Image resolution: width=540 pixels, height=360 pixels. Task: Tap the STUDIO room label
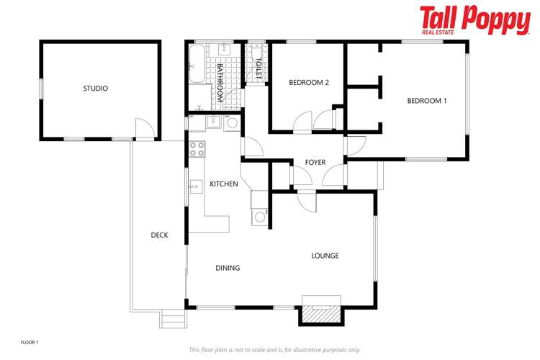pos(95,89)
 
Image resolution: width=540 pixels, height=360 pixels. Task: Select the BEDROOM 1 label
pos(427,101)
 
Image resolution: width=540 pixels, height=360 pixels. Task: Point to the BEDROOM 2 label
pos(309,82)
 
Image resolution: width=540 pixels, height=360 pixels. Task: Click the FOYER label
pos(315,162)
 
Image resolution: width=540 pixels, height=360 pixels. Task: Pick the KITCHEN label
pos(224,184)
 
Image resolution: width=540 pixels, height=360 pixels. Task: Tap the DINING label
pos(228,268)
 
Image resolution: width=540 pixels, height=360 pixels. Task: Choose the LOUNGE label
pos(325,256)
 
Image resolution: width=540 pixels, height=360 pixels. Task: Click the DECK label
pos(159,235)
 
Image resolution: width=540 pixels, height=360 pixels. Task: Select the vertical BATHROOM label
pos(220,81)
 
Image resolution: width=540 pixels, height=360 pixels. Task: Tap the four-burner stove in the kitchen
pos(197,149)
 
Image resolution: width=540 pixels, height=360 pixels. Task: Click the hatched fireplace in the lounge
pos(320,312)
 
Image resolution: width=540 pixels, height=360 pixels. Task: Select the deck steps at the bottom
pos(172,318)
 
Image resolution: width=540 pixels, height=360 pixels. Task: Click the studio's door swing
pos(144,129)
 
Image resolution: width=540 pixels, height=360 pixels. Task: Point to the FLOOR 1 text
pos(29,341)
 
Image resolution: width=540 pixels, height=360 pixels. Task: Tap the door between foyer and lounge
pos(306,201)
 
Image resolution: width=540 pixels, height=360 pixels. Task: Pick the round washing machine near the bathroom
pos(232,123)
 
